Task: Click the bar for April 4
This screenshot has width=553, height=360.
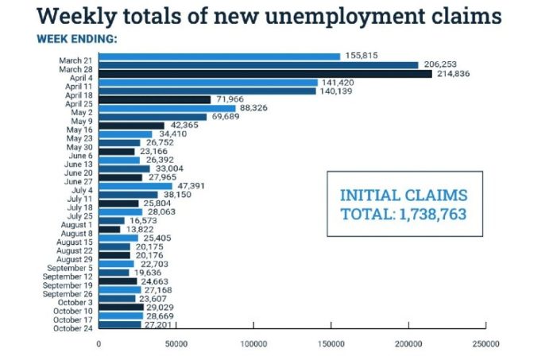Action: click(x=265, y=74)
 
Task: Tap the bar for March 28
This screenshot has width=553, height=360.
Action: click(x=258, y=65)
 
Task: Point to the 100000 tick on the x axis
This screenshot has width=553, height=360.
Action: click(x=253, y=345)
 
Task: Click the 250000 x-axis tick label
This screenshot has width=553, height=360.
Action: click(x=485, y=345)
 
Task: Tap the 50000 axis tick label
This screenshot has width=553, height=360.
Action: click(x=176, y=345)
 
